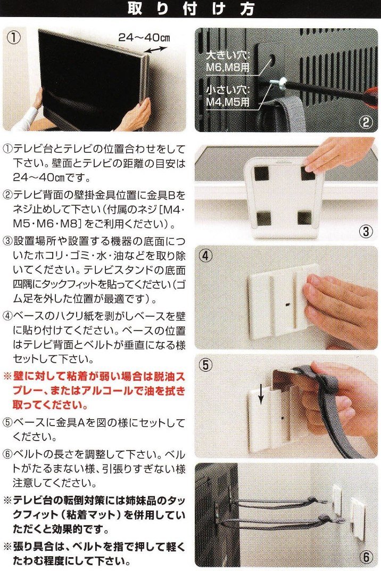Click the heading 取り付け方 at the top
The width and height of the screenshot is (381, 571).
(190, 9)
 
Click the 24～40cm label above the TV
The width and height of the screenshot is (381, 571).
(144, 37)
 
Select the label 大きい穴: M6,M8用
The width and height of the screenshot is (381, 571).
(228, 62)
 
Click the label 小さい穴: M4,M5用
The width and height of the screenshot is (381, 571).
(228, 95)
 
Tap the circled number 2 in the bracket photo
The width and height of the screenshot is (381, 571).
(366, 121)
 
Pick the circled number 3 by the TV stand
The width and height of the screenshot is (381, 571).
(366, 231)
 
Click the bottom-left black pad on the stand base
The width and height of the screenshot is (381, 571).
(263, 218)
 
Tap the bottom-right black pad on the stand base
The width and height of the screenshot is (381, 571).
(304, 218)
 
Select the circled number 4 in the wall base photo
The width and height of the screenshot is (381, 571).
(205, 256)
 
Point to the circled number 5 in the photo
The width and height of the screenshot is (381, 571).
(206, 364)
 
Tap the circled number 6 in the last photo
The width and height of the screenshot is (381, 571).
(366, 556)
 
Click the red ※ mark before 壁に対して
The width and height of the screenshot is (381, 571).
(7, 376)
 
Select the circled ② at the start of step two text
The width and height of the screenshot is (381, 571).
(7, 195)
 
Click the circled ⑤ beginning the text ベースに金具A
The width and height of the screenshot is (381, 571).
(7, 422)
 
